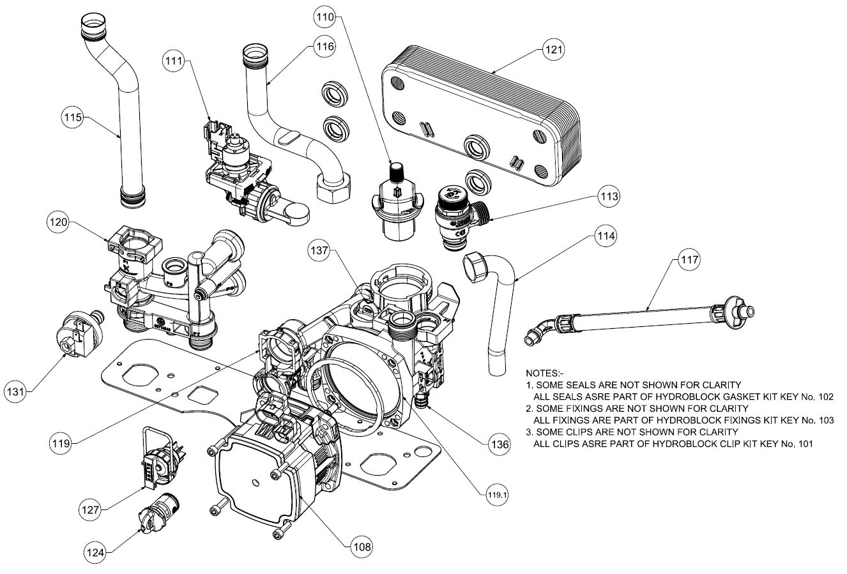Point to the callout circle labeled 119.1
pyautogui.click(x=491, y=494)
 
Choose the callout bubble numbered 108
pyautogui.click(x=361, y=546)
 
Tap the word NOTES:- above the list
pyautogui.click(x=544, y=373)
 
